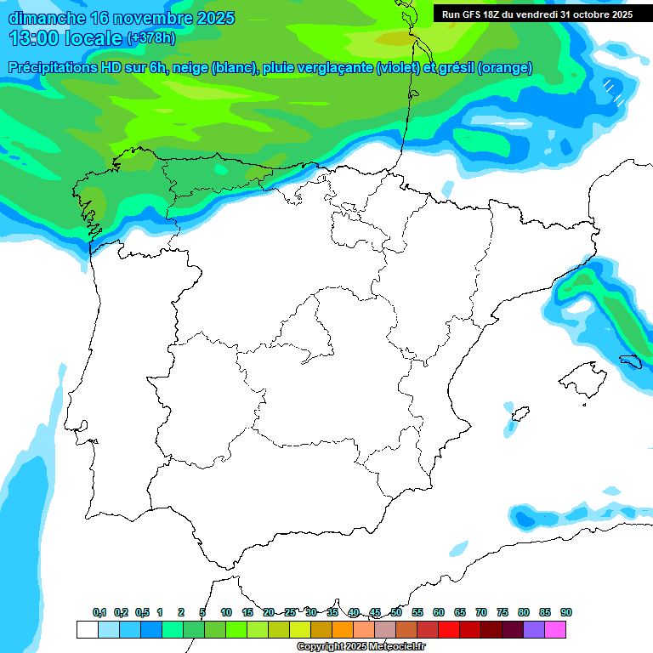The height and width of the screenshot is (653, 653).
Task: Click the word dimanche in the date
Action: point(47,18)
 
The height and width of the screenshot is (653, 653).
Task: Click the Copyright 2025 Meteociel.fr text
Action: point(361,647)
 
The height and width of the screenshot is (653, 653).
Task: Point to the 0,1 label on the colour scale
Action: point(99,612)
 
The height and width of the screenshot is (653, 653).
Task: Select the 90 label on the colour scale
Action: point(566,612)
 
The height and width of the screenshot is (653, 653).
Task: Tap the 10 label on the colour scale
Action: point(226,612)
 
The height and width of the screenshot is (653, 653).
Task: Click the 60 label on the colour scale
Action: point(439,612)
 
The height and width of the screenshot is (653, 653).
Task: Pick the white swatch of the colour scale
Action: point(87,629)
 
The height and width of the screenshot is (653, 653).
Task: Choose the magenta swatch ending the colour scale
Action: point(555,629)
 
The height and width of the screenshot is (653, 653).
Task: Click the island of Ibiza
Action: point(518,415)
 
